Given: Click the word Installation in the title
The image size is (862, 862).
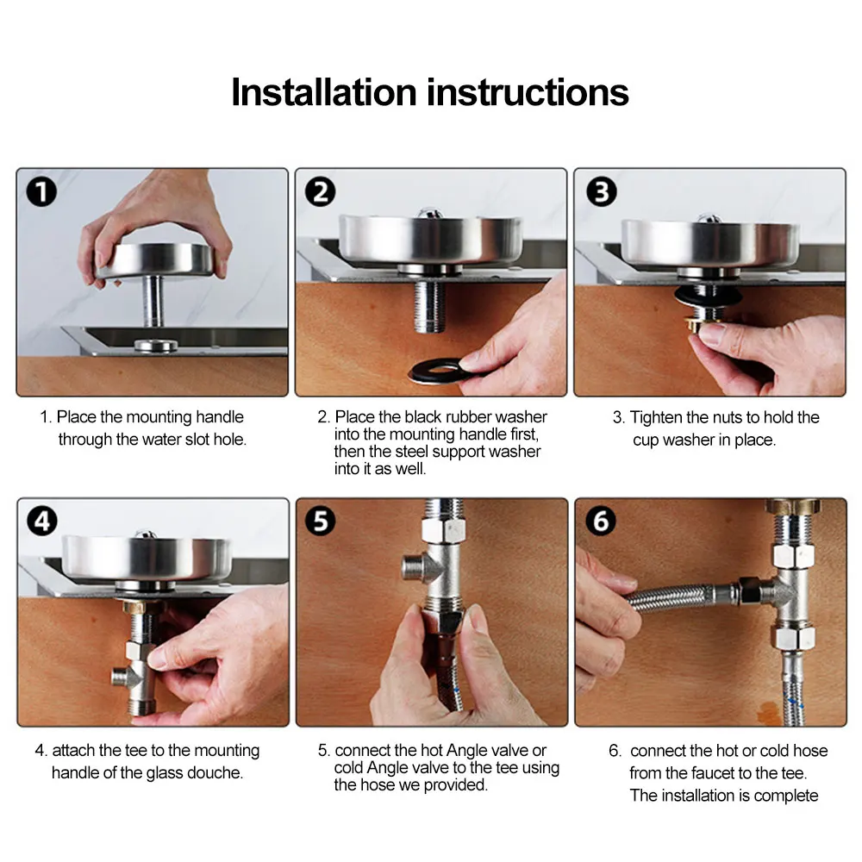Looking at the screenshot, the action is click(324, 92).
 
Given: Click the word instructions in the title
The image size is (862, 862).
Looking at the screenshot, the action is click(528, 92).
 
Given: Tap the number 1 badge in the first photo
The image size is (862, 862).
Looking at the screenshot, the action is click(41, 192).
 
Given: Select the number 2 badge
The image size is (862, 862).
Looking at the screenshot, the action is click(320, 192).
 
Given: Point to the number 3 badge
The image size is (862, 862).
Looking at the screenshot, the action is click(601, 192).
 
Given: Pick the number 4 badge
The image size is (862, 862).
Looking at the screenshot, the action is click(41, 522).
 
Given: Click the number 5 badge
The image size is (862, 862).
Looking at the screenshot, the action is click(320, 522).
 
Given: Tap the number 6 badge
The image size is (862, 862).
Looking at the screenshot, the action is click(600, 521).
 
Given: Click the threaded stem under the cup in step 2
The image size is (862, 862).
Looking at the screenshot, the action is click(429, 304).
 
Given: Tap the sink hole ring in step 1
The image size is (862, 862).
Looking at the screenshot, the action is click(156, 346).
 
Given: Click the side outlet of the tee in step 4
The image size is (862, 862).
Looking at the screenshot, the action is click(122, 675).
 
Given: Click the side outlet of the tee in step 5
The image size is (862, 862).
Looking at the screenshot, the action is click(415, 567).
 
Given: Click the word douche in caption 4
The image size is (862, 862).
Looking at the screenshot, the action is click(215, 772).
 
